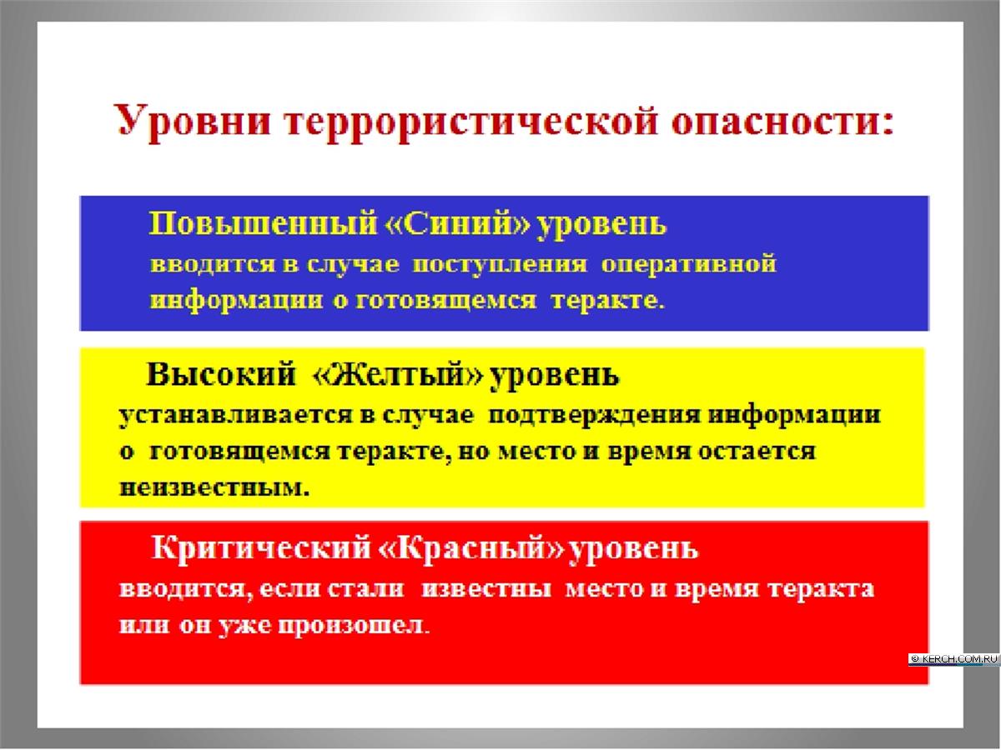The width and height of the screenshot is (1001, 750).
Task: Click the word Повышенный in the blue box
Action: click(263, 223)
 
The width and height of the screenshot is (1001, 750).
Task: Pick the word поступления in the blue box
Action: click(499, 264)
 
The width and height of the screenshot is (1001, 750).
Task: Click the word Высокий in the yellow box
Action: click(221, 375)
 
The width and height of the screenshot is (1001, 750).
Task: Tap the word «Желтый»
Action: click(397, 375)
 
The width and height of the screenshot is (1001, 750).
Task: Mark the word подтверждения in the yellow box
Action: click(594, 415)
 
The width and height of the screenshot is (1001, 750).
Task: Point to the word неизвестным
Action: click(214, 487)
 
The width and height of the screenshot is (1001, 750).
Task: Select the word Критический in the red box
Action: click(260, 547)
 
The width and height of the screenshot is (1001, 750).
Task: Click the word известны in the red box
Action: click(486, 589)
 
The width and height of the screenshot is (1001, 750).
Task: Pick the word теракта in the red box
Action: click(821, 589)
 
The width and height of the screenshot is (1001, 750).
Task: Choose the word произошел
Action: click(354, 625)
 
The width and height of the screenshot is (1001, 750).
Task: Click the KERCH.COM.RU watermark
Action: click(954, 659)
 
